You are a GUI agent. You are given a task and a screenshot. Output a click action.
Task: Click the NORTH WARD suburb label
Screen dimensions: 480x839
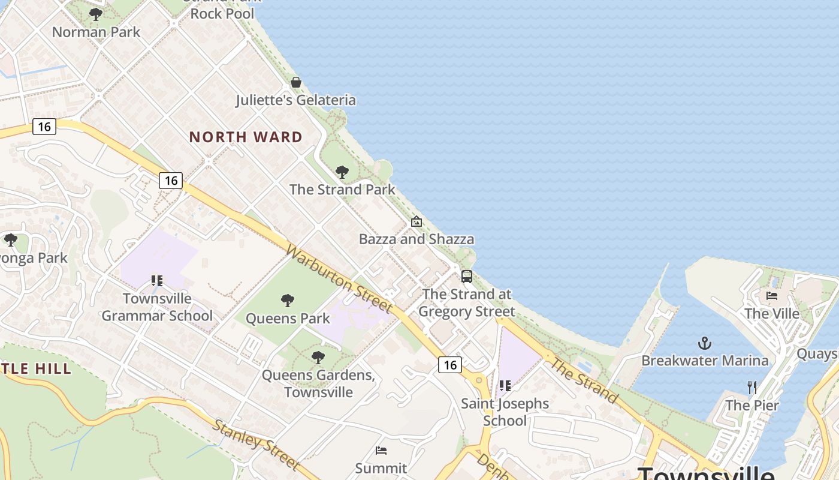click(246, 137)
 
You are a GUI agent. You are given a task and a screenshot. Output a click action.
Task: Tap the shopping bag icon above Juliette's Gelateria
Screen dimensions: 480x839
click(296, 82)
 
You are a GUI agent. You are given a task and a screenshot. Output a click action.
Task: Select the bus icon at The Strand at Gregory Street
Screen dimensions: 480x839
click(467, 277)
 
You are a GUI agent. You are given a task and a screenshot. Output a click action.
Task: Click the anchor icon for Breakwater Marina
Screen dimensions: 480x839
click(705, 343)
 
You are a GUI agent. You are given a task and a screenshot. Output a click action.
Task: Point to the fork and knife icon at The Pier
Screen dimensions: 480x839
click(752, 388)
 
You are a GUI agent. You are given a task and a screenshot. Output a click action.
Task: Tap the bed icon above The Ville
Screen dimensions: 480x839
click(772, 296)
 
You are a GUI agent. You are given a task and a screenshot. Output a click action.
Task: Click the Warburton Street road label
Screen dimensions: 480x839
click(339, 277)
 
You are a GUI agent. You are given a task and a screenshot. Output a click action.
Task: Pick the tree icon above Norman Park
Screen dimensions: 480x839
click(95, 14)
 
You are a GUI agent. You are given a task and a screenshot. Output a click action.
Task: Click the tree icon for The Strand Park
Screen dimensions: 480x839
click(342, 172)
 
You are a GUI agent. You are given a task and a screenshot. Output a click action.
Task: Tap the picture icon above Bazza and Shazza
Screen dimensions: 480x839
click(417, 221)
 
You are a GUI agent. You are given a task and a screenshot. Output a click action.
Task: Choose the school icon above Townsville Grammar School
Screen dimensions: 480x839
click(157, 280)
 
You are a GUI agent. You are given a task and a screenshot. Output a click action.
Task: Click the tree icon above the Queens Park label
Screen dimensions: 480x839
click(288, 301)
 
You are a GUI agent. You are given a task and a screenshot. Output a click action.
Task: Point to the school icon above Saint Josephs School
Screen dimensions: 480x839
click(505, 386)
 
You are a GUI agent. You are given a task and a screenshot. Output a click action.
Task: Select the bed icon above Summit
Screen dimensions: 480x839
click(381, 450)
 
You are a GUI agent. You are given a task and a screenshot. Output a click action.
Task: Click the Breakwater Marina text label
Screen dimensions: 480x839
click(705, 361)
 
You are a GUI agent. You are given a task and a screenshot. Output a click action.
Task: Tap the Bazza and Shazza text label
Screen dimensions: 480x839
click(417, 239)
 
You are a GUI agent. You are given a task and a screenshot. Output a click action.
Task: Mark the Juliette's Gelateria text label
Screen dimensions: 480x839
click(296, 100)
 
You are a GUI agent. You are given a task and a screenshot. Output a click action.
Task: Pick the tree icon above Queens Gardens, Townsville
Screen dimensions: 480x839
click(318, 358)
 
